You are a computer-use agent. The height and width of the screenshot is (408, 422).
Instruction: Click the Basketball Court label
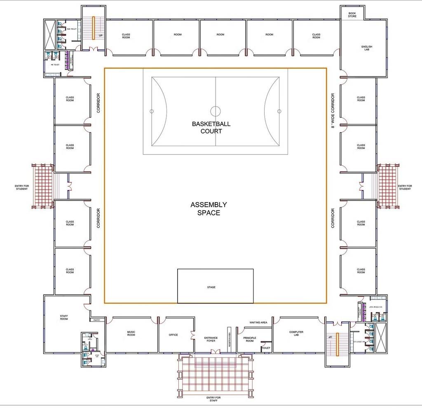[x=211, y=127]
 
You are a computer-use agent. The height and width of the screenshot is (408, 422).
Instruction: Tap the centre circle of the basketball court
[x=216, y=111]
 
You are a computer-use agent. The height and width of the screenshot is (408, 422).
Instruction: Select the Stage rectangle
[x=215, y=286]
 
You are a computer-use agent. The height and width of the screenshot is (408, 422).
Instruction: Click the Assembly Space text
[x=209, y=209]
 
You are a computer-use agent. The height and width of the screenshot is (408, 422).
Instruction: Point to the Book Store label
[x=352, y=14]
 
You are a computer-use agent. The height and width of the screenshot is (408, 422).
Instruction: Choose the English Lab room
[x=366, y=48]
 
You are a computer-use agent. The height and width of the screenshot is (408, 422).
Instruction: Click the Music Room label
[x=131, y=333]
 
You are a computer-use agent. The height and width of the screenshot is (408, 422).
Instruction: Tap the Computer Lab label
[x=296, y=333]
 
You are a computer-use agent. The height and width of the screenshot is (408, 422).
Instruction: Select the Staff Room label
[x=64, y=317]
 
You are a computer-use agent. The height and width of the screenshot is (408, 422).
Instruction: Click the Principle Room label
[x=250, y=339]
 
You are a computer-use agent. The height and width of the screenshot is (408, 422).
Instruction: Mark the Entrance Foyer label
[x=211, y=339]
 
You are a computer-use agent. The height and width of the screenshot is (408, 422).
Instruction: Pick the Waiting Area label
[x=258, y=322]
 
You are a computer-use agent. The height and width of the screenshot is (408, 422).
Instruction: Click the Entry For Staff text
[x=213, y=399]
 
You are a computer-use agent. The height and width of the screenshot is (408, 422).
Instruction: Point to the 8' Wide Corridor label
[x=333, y=110]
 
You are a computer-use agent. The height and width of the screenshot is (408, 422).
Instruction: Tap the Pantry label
[x=97, y=320]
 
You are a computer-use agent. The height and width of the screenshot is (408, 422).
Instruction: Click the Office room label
[x=173, y=335]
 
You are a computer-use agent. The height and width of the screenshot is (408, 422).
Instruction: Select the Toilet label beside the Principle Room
[x=266, y=348]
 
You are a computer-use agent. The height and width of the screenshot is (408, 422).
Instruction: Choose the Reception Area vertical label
[x=230, y=340]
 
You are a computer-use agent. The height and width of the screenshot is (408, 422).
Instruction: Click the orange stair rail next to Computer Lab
[x=337, y=344]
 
